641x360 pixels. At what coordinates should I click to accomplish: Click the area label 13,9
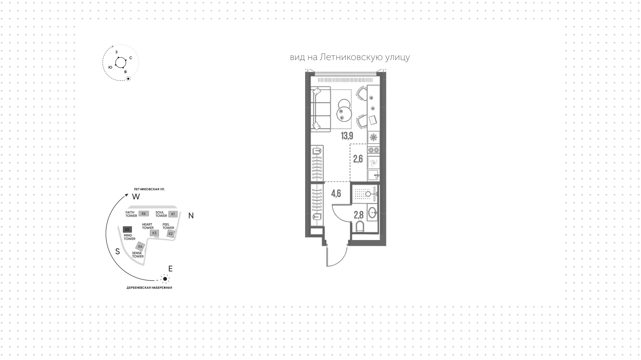347,136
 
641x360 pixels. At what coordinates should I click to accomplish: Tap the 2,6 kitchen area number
358,159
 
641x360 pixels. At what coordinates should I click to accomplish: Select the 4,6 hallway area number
336,193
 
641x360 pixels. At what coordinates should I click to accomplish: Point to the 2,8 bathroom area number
359,214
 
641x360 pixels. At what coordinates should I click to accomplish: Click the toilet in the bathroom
360,227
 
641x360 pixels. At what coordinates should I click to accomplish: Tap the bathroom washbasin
373,212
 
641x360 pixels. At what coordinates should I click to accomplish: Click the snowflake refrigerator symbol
374,137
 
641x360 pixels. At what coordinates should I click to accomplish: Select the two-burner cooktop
374,150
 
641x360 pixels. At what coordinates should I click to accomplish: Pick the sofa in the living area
320,109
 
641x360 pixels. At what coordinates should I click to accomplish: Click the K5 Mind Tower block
127,229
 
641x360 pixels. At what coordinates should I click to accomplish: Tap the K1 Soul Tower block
173,214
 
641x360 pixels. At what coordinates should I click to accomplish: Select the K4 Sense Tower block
140,246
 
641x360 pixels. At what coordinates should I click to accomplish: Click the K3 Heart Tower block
154,233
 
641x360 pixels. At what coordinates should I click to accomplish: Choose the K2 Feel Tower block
171,234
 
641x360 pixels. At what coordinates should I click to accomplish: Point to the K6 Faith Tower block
144,214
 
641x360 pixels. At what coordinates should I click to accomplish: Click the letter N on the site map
191,216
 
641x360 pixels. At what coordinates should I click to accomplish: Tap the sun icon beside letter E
165,279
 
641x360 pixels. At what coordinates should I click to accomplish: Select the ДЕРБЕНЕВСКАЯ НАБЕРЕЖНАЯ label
149,288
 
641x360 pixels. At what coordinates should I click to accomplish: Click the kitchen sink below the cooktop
374,175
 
